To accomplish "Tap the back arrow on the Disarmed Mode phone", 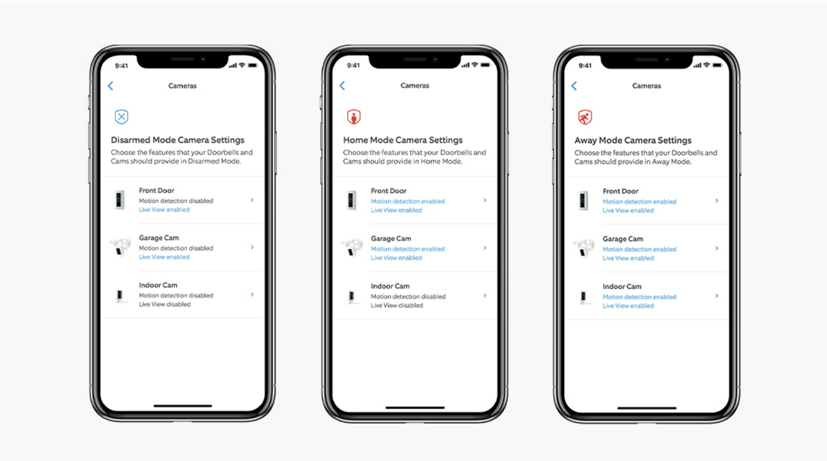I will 110,86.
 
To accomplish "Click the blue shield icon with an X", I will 121,117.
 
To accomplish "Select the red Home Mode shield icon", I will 353,117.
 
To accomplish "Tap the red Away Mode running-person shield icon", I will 585,117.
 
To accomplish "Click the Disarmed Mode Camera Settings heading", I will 177,140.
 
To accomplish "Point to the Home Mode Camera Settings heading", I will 403,140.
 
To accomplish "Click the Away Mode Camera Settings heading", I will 633,140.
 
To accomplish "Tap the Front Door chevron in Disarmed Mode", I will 252,200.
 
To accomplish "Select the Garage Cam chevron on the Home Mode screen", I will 485,248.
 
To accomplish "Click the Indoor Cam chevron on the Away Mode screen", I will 717,296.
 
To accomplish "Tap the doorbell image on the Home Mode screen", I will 353,201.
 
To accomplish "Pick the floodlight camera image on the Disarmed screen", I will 120,247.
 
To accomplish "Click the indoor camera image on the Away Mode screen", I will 584,296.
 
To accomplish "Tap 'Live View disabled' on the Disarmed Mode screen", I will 165,305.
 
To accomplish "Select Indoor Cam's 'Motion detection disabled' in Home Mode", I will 408,296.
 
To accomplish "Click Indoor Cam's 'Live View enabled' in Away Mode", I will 628,306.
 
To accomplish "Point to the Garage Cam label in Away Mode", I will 623,239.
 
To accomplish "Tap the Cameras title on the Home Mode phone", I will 415,86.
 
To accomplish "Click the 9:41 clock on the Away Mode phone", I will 585,66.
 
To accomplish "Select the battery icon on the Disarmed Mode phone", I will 252,65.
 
